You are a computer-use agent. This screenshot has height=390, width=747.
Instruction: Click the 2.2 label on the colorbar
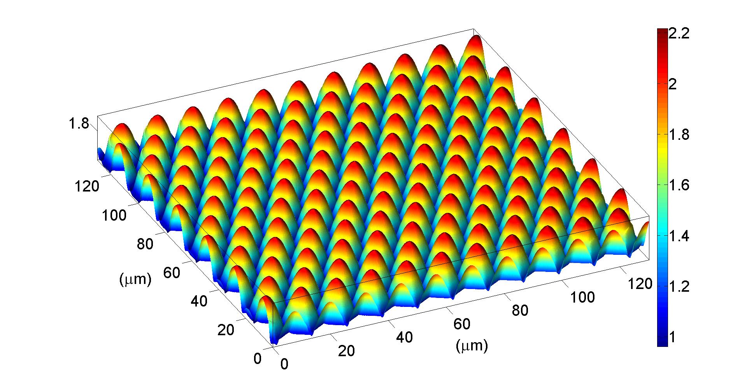679,33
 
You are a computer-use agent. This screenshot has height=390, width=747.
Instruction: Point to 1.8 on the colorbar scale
679,135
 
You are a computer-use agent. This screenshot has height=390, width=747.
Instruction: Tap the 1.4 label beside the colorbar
679,236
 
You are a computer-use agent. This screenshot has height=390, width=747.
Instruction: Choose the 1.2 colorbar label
679,287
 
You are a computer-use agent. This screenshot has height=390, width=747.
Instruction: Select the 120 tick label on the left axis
86,186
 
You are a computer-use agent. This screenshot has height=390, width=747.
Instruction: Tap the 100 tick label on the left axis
114,215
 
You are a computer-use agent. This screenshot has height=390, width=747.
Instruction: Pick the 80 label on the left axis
146,244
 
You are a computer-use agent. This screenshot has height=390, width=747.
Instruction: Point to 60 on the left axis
172,273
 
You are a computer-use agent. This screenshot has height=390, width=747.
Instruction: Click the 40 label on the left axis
199,301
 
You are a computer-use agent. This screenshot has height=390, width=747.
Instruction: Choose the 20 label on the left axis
226,330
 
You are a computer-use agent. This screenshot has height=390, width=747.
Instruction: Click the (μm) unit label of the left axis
135,279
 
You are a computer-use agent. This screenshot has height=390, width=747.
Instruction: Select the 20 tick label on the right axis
346,351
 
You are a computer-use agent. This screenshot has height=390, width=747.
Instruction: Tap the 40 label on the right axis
404,337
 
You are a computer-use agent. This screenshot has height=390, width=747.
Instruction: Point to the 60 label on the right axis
462,324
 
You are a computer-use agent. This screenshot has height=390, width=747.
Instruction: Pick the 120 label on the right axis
640,284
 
